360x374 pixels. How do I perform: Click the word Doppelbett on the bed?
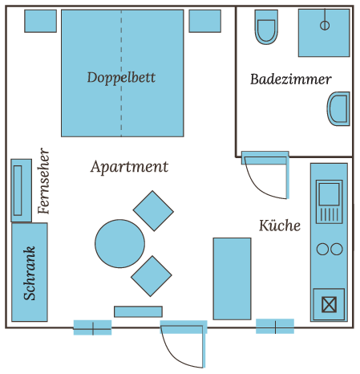click(x=121, y=78)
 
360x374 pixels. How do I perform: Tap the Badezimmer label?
click(x=291, y=79)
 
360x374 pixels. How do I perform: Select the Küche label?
click(x=280, y=226)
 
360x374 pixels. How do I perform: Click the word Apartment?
click(x=129, y=167)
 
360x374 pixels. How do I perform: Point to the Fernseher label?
click(x=43, y=181)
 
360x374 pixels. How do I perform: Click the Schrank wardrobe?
click(x=30, y=272)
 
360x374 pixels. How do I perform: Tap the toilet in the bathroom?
click(x=266, y=27)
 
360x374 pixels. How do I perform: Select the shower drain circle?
click(x=325, y=26)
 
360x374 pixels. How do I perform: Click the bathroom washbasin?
click(x=338, y=108)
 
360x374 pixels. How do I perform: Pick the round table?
click(x=119, y=244)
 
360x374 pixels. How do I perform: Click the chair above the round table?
click(x=153, y=211)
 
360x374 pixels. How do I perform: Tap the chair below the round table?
click(x=152, y=276)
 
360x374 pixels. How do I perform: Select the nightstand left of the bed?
click(x=41, y=21)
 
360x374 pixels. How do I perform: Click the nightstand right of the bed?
click(x=205, y=21)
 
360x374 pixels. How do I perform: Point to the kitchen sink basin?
click(x=329, y=194)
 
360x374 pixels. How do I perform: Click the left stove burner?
click(x=322, y=249)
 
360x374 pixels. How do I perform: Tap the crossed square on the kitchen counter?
click(x=329, y=304)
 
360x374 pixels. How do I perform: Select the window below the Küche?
click(x=275, y=327)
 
